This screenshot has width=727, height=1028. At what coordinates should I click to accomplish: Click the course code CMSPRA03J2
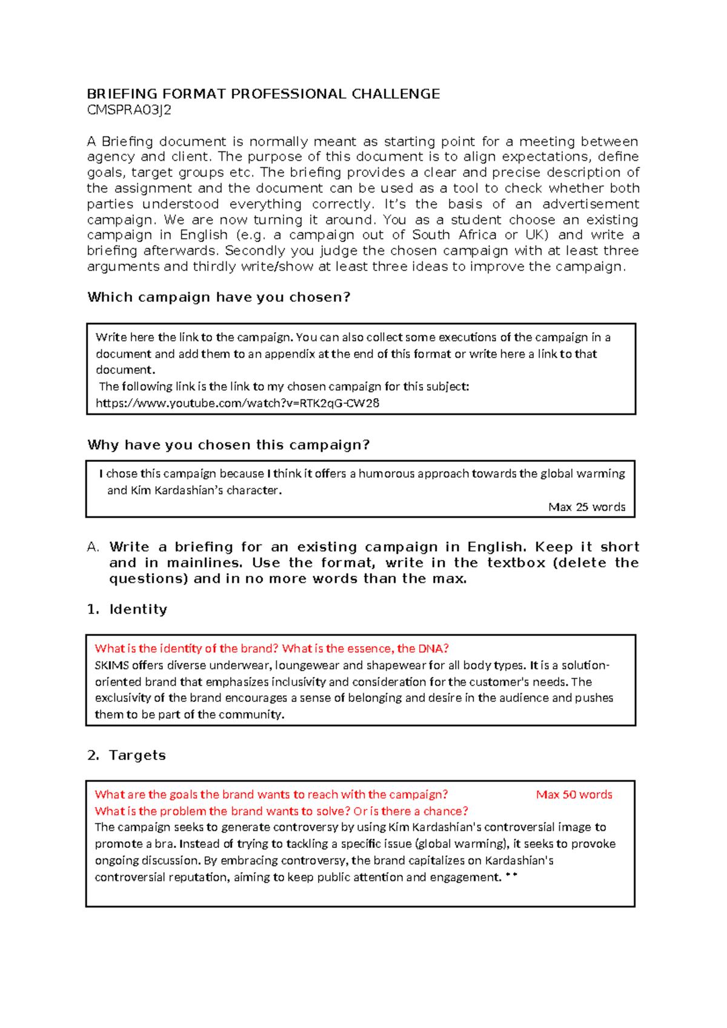click(129, 110)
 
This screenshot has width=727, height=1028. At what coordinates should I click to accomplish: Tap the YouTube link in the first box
click(237, 403)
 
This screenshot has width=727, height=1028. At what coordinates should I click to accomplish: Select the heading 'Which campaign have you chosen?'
click(219, 297)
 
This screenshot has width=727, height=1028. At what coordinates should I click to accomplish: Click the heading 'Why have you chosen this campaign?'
click(228, 445)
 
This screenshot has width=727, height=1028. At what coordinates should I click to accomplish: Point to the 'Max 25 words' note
click(586, 507)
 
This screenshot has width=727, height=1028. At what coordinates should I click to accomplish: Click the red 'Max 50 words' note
click(574, 795)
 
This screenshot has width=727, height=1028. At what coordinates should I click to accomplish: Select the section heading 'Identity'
click(138, 609)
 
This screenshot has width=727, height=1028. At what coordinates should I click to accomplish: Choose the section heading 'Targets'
click(137, 755)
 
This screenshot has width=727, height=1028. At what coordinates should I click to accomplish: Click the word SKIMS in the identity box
click(111, 665)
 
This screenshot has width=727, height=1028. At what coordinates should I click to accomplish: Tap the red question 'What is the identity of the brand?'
click(187, 649)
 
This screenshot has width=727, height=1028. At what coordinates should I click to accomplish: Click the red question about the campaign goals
click(271, 795)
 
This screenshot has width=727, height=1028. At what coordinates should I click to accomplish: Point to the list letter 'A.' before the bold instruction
click(93, 547)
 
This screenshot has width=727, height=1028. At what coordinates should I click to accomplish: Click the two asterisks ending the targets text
click(511, 876)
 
